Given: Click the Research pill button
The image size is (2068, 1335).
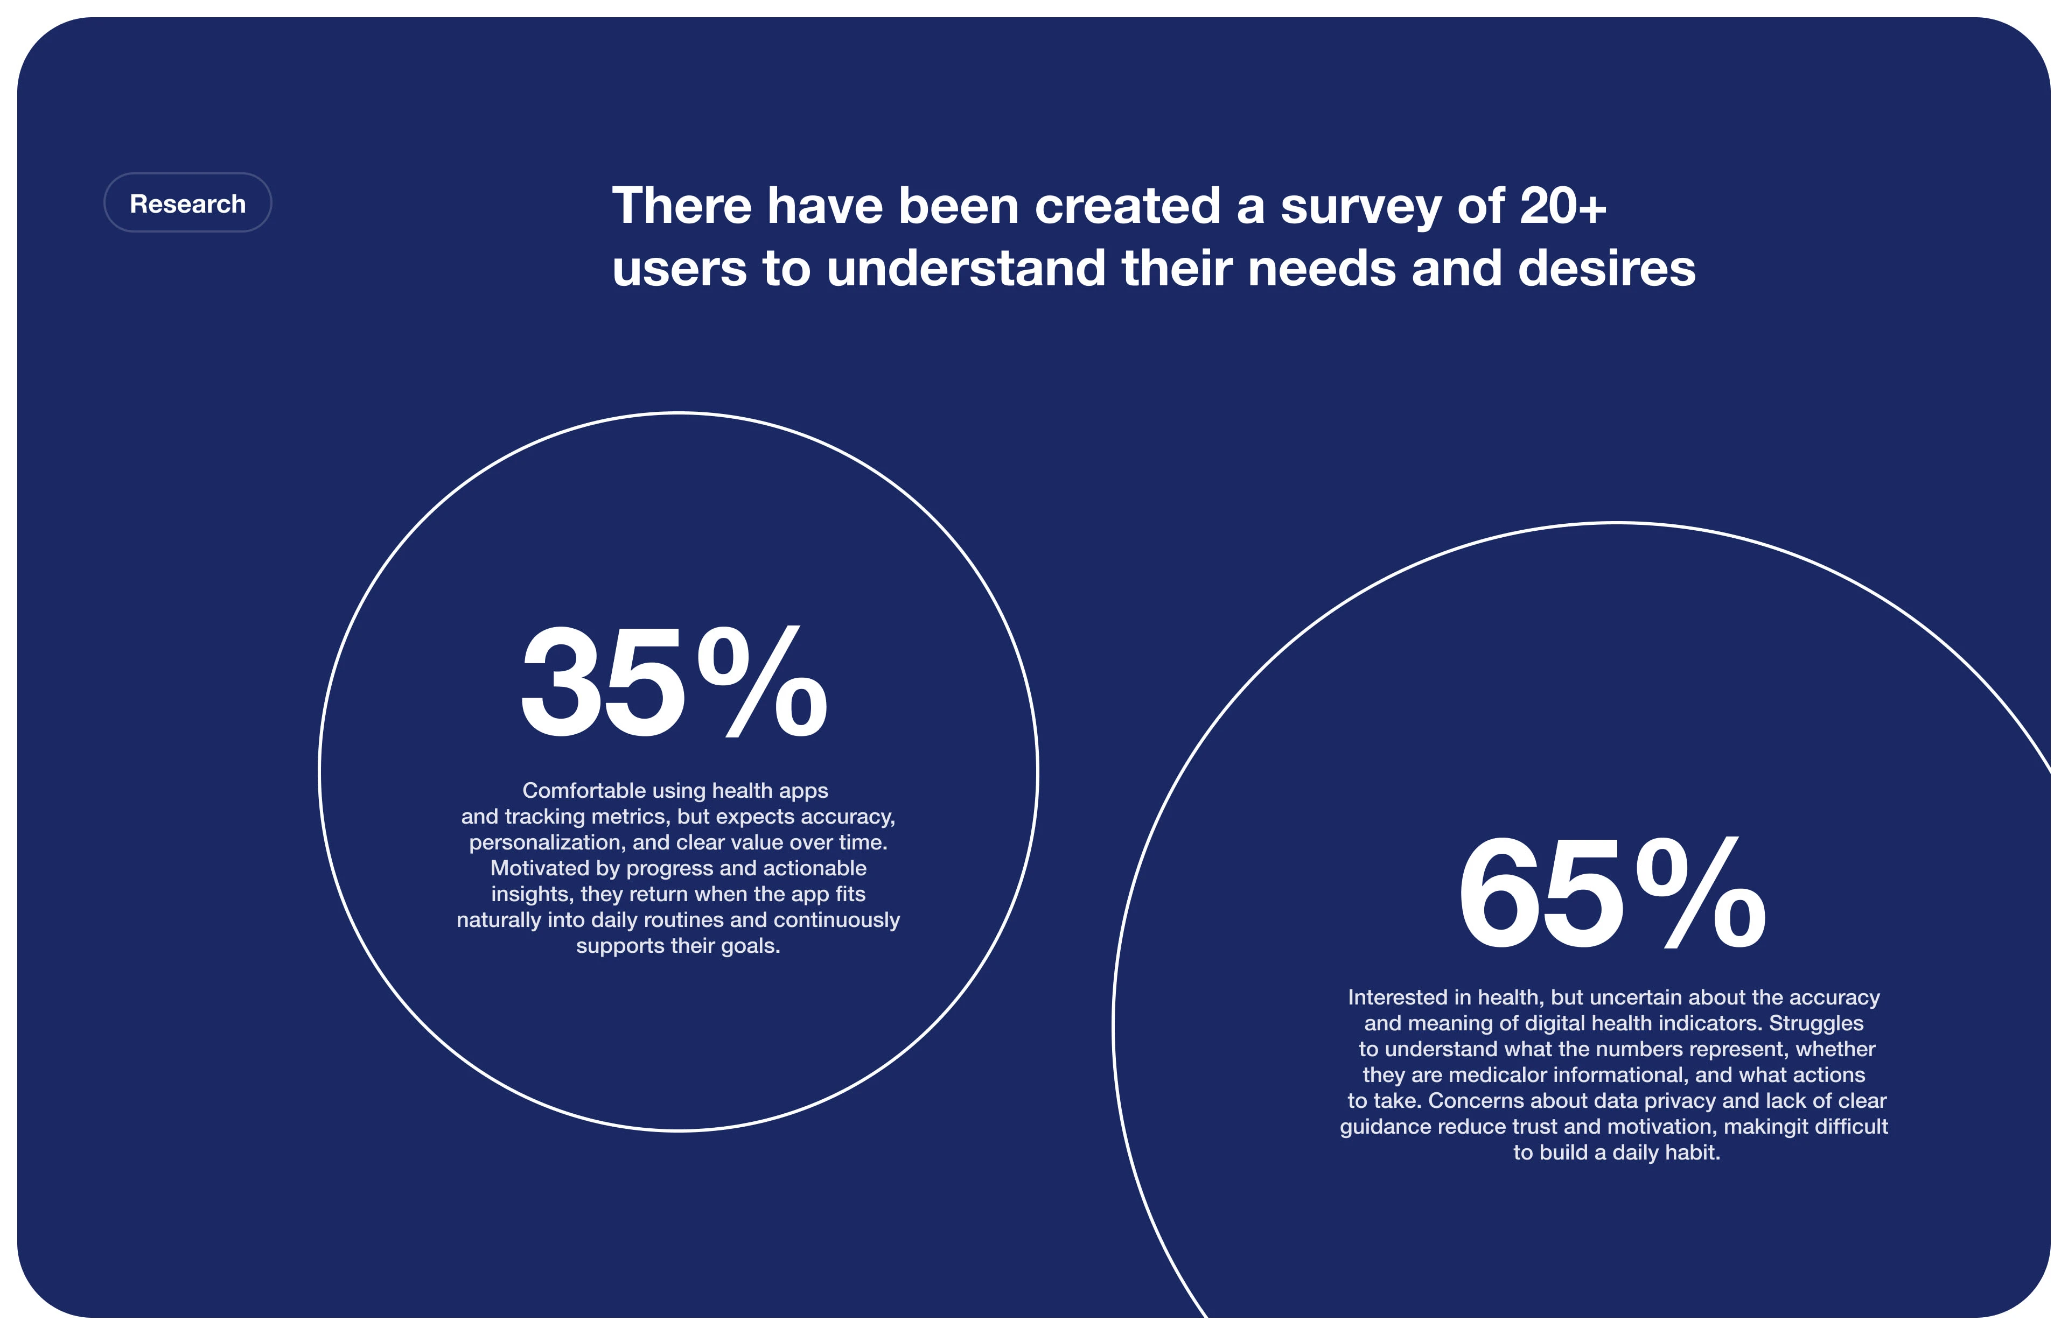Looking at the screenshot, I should (187, 203).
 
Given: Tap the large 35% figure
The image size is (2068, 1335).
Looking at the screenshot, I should (674, 682).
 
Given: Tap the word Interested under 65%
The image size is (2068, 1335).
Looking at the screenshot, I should (1397, 998).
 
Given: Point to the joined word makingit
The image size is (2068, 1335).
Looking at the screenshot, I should (1764, 1127).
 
